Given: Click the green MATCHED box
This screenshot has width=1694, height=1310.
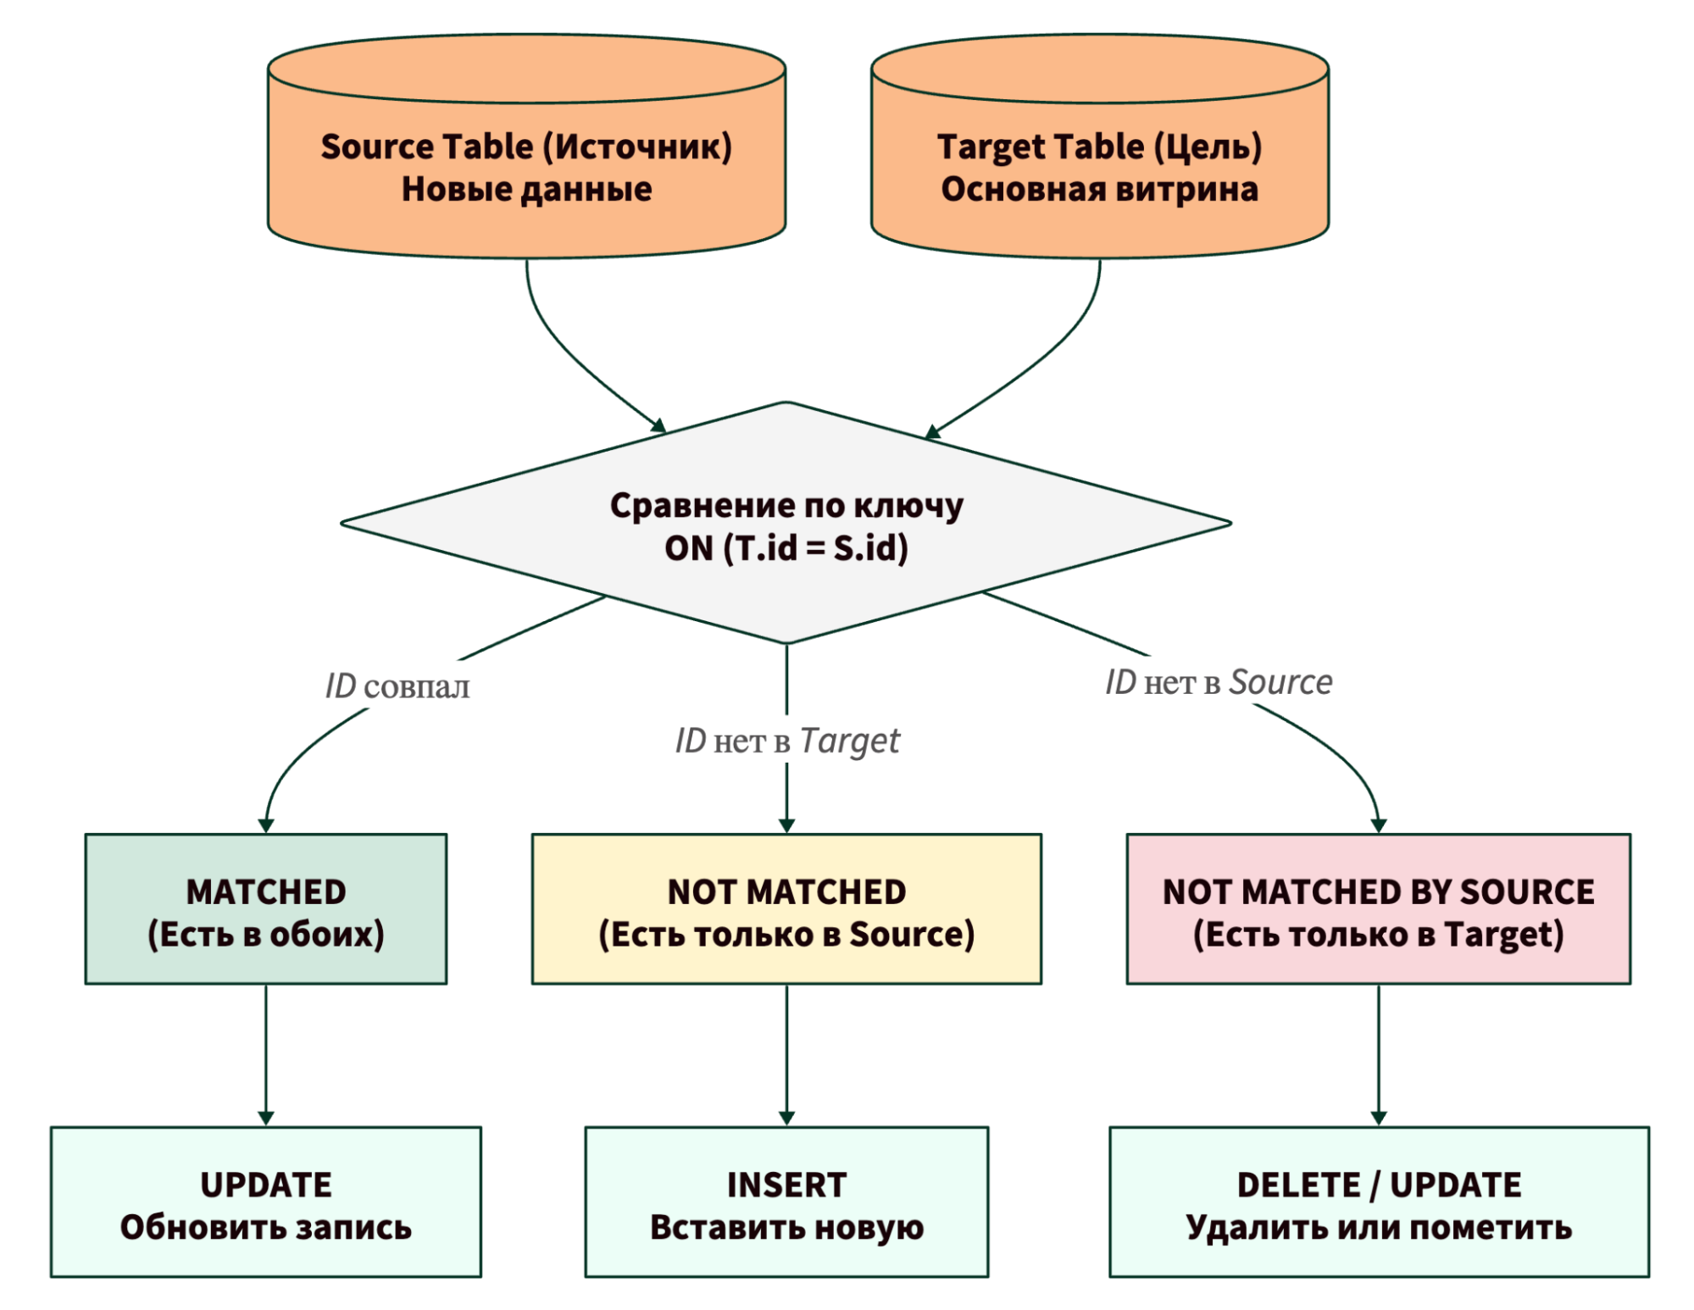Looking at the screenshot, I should (265, 909).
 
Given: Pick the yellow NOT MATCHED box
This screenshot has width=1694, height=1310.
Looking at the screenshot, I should (786, 909).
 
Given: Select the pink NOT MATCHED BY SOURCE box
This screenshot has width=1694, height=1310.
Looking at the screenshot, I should (1378, 909).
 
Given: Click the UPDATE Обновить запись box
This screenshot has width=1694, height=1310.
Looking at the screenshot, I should (265, 1202).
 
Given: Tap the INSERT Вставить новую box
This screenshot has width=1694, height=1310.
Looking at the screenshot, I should (786, 1202).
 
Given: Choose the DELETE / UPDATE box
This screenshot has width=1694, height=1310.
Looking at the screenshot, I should (1378, 1202).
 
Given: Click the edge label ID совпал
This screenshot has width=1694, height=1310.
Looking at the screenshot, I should (397, 686).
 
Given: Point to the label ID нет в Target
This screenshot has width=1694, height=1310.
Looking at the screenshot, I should (786, 741).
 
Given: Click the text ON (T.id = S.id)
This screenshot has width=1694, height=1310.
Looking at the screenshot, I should (786, 548).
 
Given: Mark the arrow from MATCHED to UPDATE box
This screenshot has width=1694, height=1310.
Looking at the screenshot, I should (265, 1055).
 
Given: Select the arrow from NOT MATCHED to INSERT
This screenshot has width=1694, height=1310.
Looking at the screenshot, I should (786, 1055).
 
